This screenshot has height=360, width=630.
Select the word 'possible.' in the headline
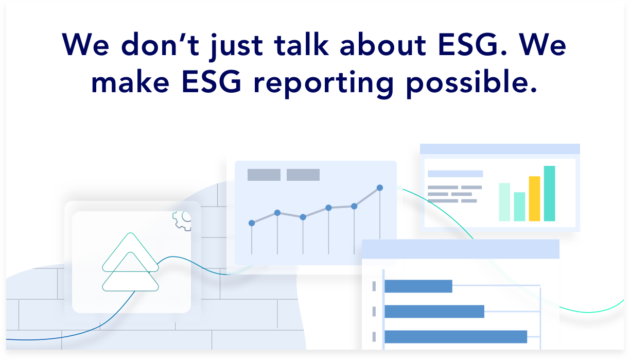472,83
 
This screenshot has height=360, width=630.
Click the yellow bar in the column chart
534,199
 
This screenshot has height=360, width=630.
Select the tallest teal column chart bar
549,194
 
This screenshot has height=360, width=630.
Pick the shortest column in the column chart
519,207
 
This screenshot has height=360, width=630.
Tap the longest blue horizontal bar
456,337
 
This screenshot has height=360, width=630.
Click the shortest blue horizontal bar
418,286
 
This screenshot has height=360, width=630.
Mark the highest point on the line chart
380,188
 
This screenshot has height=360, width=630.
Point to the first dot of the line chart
252,223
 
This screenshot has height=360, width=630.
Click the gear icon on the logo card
182,220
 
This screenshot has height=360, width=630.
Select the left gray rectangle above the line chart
264,175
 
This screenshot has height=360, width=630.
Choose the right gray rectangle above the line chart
303,175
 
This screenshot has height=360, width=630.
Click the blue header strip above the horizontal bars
460,249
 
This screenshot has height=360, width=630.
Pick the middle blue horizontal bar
434,312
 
